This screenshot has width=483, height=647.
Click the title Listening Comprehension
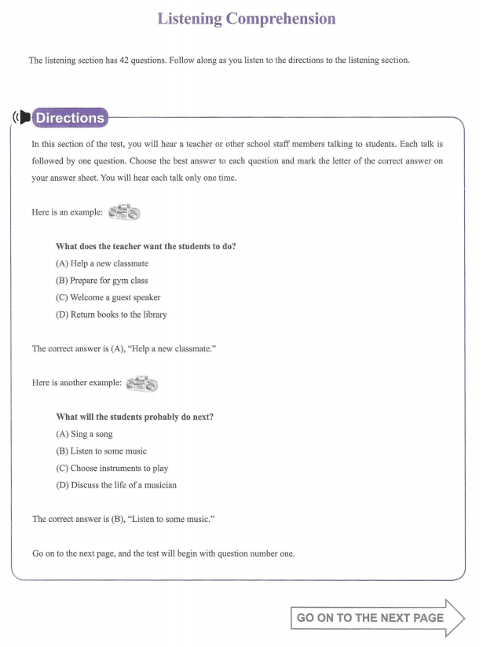pyautogui.click(x=247, y=19)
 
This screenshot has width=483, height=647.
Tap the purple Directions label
pyautogui.click(x=70, y=118)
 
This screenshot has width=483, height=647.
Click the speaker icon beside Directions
pyautogui.click(x=22, y=118)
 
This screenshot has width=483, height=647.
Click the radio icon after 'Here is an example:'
pyautogui.click(x=124, y=212)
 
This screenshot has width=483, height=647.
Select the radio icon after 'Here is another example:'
pyautogui.click(x=141, y=384)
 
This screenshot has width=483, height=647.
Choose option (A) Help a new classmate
pyautogui.click(x=102, y=263)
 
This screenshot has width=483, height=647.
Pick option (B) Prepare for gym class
pyautogui.click(x=102, y=281)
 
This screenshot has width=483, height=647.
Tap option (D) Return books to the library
pyautogui.click(x=111, y=314)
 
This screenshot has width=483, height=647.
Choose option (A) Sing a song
pyautogui.click(x=85, y=434)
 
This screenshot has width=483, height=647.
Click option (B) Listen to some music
pyautogui.click(x=101, y=451)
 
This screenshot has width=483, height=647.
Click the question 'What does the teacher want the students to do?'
pyautogui.click(x=146, y=246)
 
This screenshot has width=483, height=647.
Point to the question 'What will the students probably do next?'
pyautogui.click(x=134, y=417)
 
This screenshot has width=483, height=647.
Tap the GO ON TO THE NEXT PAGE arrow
pyautogui.click(x=377, y=618)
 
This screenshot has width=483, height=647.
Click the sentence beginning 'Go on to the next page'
pyautogui.click(x=163, y=553)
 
